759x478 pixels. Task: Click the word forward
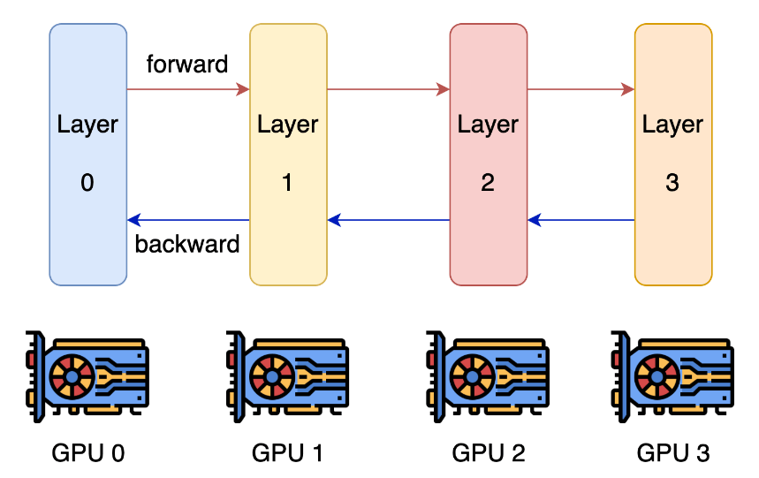click(186, 64)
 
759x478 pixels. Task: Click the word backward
click(186, 244)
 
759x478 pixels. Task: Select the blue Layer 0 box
click(88, 155)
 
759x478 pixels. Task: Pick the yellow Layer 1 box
click(289, 155)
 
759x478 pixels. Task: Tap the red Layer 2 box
click(489, 155)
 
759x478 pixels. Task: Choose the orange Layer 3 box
click(673, 155)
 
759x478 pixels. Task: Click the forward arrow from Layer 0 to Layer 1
click(188, 89)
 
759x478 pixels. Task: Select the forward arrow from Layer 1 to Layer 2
click(389, 89)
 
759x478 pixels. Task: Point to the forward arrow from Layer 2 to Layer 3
click(581, 89)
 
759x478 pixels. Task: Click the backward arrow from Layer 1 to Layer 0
click(188, 220)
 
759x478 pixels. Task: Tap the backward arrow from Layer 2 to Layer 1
click(389, 220)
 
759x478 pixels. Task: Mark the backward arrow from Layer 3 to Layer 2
click(581, 220)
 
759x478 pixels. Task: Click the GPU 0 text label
click(88, 453)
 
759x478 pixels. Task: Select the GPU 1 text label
click(287, 453)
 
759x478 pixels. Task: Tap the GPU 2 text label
click(489, 453)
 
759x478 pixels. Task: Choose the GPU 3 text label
click(673, 453)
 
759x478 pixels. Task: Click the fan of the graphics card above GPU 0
click(72, 376)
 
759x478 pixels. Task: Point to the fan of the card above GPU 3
click(657, 376)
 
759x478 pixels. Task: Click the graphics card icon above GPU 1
click(287, 376)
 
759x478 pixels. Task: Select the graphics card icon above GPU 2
click(488, 376)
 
